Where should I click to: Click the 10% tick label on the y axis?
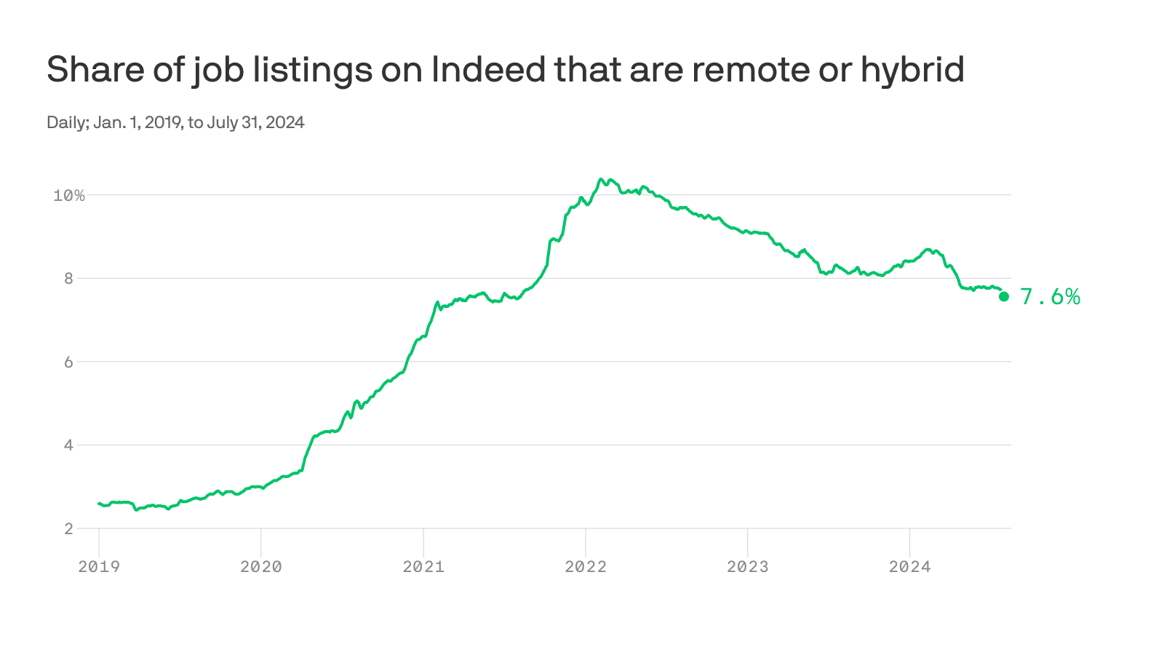click(69, 195)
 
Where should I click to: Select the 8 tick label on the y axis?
click(69, 278)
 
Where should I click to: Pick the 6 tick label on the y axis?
click(69, 362)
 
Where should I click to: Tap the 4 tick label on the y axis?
click(69, 445)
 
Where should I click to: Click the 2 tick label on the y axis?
click(69, 528)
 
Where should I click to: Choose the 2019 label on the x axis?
click(99, 566)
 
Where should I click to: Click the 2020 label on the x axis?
click(261, 566)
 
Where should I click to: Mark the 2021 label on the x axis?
click(423, 566)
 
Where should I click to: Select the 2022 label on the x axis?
click(586, 566)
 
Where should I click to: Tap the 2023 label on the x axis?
click(748, 566)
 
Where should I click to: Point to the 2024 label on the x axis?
click(910, 566)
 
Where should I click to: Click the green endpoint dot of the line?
click(1004, 296)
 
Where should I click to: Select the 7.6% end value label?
click(1050, 296)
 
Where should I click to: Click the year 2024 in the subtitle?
click(284, 122)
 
